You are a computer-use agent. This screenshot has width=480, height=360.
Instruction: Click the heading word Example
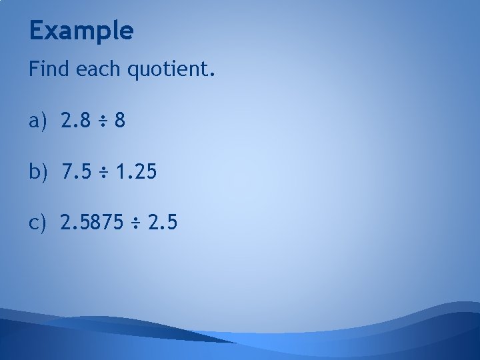(x=81, y=31)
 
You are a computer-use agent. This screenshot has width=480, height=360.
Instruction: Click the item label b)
(x=38, y=173)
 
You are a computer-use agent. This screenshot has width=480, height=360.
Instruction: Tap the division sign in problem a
(x=101, y=122)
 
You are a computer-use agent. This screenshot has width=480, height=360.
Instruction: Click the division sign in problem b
(x=102, y=173)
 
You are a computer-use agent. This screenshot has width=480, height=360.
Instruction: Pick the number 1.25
(x=136, y=173)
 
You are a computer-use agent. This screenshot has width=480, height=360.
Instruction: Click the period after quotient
(x=213, y=75)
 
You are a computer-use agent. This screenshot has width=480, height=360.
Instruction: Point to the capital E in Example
(x=37, y=30)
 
